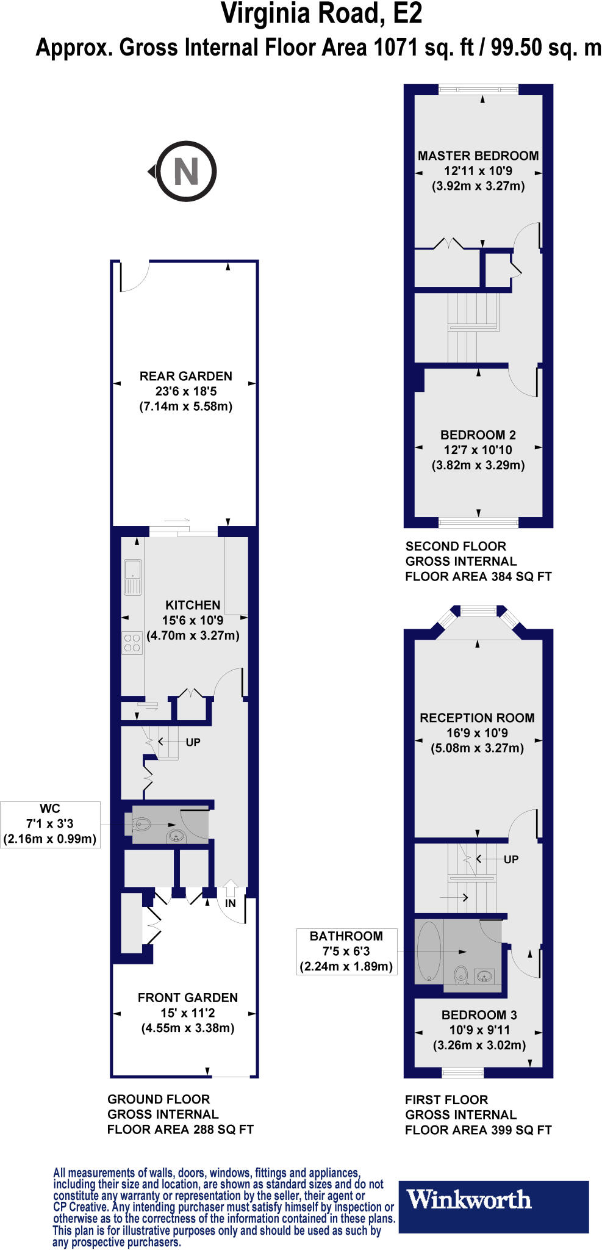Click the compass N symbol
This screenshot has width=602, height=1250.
(x=186, y=172)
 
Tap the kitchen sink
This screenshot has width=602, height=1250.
(x=132, y=576)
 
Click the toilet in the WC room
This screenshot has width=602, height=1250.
(x=141, y=825)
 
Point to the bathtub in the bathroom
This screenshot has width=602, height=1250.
(x=429, y=952)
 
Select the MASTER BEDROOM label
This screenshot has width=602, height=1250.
(x=478, y=156)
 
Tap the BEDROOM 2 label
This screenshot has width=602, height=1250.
(x=478, y=435)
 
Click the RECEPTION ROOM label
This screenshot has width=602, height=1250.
(x=477, y=718)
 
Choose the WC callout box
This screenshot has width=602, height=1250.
(x=50, y=824)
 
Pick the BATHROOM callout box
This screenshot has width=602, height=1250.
(x=346, y=951)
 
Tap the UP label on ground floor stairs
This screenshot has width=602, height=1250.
(x=193, y=742)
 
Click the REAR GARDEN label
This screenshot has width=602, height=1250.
(x=185, y=376)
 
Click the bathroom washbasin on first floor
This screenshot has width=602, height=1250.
(x=484, y=976)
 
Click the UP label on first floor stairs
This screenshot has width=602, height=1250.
(x=511, y=859)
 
